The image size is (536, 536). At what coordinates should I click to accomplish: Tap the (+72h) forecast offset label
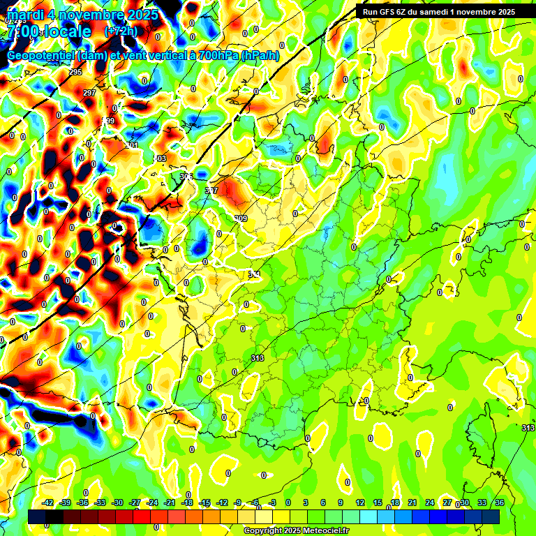coord(121,31)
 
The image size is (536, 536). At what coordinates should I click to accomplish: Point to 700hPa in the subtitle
coord(216,56)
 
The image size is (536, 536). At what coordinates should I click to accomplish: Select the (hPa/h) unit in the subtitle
coord(260,56)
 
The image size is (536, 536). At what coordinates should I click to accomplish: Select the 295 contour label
coord(75,72)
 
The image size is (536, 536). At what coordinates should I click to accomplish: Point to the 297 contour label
coord(89,93)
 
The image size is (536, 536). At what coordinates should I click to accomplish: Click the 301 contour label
coord(133,145)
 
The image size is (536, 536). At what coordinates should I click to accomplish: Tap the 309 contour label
coord(241,218)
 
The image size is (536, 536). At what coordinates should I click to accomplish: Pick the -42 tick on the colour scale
coord(48,502)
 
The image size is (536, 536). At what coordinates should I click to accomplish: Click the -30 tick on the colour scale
coord(117,502)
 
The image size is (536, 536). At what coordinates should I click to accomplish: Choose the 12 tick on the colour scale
coord(359,502)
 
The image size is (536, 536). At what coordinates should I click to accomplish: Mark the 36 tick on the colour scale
coord(499,502)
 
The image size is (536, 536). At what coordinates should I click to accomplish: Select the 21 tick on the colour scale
coord(412,502)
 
